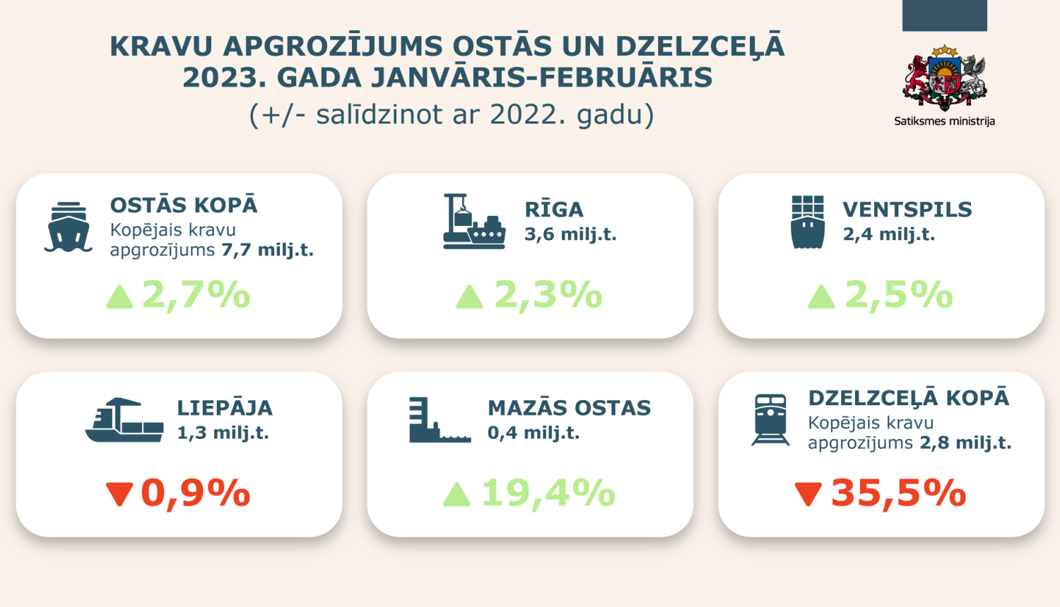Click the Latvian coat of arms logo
(x=944, y=79)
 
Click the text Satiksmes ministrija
(x=944, y=121)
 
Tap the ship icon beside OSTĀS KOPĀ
(x=69, y=227)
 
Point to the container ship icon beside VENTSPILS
(x=808, y=222)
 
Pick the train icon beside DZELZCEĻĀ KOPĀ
(x=770, y=420)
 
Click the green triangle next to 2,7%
(x=119, y=296)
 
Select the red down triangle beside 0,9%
(x=119, y=493)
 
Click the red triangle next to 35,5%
(x=808, y=493)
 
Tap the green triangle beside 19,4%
(x=457, y=494)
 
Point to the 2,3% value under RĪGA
(x=548, y=295)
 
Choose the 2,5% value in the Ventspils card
(x=899, y=295)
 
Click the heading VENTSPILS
(x=907, y=210)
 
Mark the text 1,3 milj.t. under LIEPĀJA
(x=223, y=433)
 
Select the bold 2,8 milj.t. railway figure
(x=965, y=443)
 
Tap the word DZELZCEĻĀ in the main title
(x=700, y=47)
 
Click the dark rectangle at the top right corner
(x=944, y=16)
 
